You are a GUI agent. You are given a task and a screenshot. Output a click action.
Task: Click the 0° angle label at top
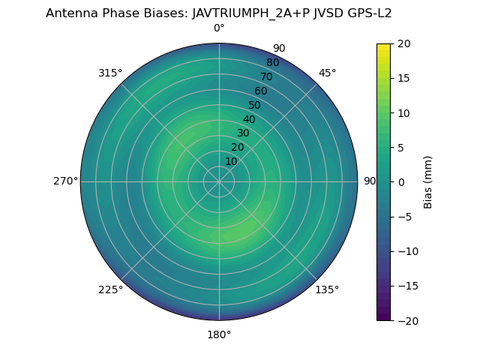[x=219, y=28]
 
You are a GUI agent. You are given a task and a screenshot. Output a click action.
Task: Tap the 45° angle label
[x=328, y=73]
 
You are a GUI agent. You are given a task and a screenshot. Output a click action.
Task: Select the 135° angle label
[x=327, y=289]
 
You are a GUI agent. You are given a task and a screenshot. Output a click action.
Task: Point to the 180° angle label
[x=219, y=334]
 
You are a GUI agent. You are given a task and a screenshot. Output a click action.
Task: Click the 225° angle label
[x=110, y=289]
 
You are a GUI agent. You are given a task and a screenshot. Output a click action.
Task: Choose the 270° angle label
[x=65, y=181]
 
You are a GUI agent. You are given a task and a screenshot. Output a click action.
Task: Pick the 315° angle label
[x=110, y=73]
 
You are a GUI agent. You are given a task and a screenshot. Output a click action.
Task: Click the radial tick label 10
[x=232, y=161]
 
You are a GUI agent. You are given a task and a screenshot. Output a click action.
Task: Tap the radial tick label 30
[x=243, y=133]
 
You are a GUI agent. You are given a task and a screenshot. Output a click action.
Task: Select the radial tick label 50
[x=255, y=105]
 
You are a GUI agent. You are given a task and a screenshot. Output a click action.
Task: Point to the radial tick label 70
[x=266, y=76]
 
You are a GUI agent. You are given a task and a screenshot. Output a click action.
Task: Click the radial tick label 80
[x=272, y=63]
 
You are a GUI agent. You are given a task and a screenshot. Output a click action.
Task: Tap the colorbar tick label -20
[x=406, y=320]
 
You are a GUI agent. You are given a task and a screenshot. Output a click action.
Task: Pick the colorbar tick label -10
[x=406, y=251]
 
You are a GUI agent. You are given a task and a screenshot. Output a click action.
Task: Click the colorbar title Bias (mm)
[x=428, y=182]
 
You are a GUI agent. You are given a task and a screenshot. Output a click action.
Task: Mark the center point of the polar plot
[x=219, y=181]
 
